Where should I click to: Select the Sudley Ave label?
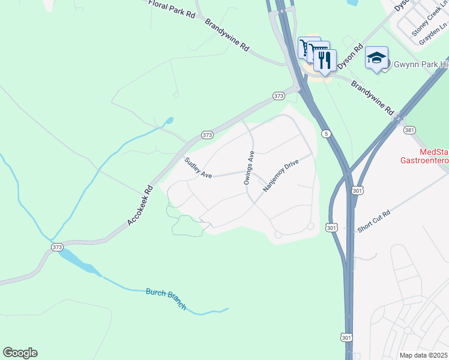coord(198,168)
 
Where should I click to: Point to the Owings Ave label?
coord(249,167)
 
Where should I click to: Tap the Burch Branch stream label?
coord(166,299)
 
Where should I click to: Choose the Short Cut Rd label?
coord(374,221)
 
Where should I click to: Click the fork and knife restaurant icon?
coord(325,61)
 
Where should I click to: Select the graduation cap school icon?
coord(376,58)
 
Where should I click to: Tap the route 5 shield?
coord(325,133)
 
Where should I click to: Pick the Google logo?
coord(20,353)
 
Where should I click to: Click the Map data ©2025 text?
coord(424,355)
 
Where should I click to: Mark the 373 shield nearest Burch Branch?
coord(57,247)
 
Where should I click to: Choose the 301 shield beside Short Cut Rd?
coord(332,227)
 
